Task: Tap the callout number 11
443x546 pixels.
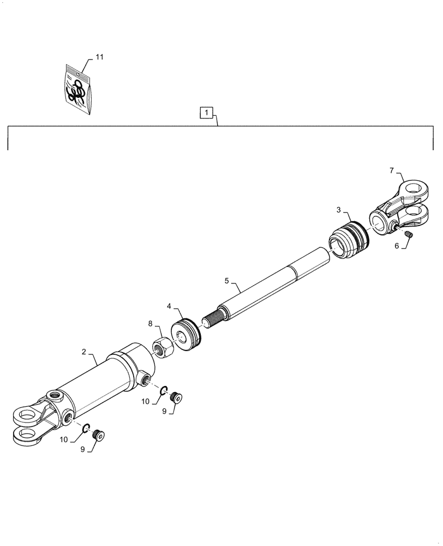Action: (x=99, y=57)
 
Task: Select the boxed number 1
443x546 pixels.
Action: (x=205, y=113)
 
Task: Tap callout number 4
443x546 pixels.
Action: (x=170, y=306)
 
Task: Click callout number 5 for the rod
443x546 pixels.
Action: (x=227, y=281)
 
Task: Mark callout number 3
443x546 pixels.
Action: (x=339, y=210)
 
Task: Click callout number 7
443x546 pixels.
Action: (x=392, y=170)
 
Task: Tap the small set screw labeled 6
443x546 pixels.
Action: (x=409, y=235)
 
